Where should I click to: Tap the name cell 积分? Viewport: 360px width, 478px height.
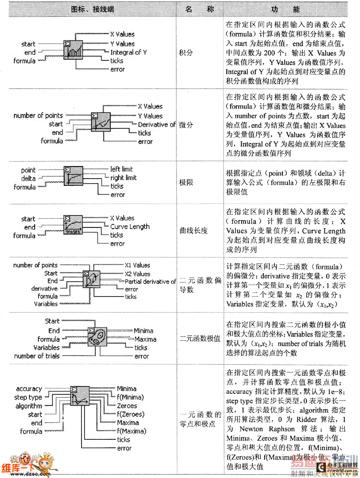[x=186, y=52]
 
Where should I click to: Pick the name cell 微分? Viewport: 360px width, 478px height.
[x=186, y=124]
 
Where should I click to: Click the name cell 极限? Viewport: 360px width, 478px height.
[x=186, y=183]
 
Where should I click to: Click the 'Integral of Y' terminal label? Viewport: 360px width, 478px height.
[x=129, y=52]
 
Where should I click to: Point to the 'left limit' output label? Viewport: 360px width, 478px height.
[x=121, y=169]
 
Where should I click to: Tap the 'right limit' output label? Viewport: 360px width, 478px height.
[x=123, y=178]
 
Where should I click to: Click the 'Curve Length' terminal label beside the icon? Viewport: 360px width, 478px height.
[x=130, y=226]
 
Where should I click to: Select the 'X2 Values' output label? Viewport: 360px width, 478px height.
[x=137, y=274]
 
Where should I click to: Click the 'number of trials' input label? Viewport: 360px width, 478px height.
[x=36, y=356]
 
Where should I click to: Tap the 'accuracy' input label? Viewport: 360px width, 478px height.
[x=29, y=389]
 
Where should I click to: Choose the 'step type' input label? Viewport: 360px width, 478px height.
[x=28, y=397]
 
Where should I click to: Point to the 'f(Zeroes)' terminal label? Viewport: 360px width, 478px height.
[x=130, y=414]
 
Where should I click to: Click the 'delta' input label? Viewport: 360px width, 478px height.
[x=28, y=179]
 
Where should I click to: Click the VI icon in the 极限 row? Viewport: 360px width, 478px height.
[x=73, y=177]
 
